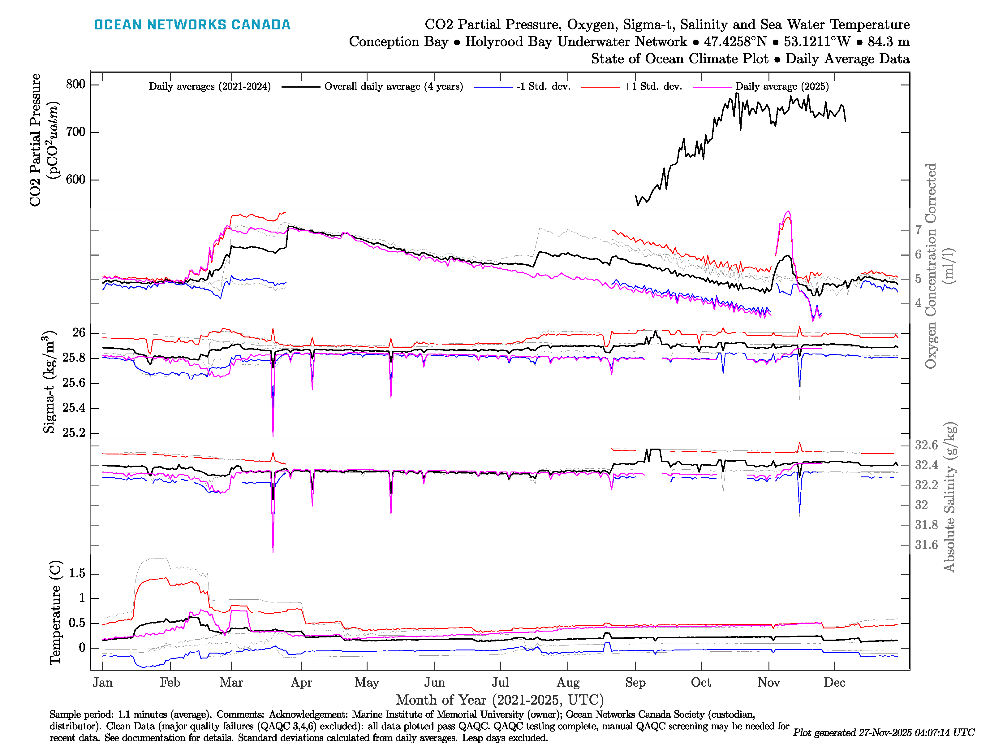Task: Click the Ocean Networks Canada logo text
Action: pyautogui.click(x=192, y=25)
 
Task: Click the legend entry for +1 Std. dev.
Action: pyautogui.click(x=652, y=86)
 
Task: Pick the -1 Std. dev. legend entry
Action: pyautogui.click(x=543, y=86)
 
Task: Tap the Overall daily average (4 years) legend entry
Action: pyautogui.click(x=394, y=86)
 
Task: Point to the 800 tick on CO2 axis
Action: pyautogui.click(x=75, y=84)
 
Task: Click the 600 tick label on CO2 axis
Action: pyautogui.click(x=75, y=180)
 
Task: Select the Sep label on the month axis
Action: pyautogui.click(x=635, y=683)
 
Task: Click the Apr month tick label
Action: pyautogui.click(x=301, y=683)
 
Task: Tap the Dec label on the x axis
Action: pyautogui.click(x=834, y=683)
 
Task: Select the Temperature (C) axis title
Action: pyautogui.click(x=55, y=612)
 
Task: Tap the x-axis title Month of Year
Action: pyautogui.click(x=499, y=700)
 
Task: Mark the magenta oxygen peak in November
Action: pyautogui.click(x=788, y=211)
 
